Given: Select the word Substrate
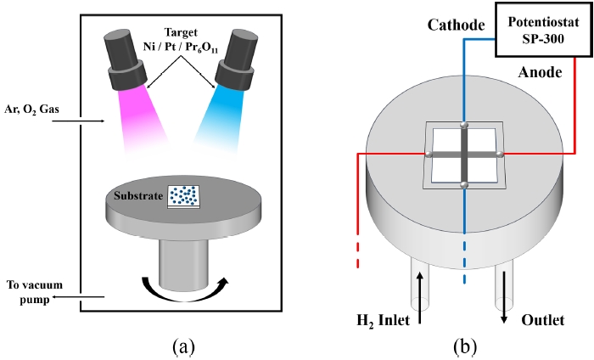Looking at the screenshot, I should point(140,197).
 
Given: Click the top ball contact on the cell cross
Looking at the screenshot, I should point(464,125).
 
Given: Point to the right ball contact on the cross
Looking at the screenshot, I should point(501,153).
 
